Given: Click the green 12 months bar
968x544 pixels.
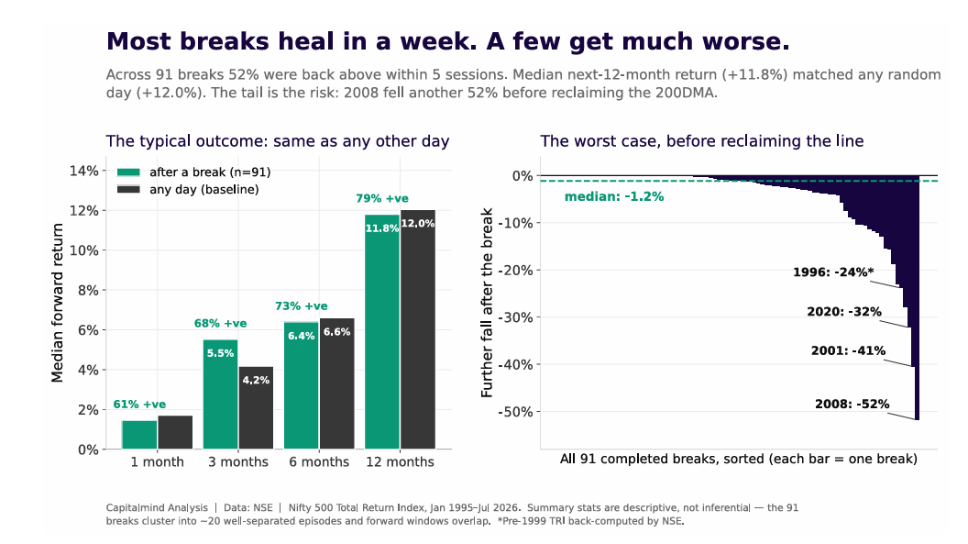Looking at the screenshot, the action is pos(382,331).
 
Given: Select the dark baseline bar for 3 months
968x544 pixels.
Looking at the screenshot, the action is pos(256,407).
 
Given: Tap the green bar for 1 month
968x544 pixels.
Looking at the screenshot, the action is pos(139,435).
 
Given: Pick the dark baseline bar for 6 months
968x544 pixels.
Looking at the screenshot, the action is pos(337,383).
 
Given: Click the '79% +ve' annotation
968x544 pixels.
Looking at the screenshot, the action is pos(382,198).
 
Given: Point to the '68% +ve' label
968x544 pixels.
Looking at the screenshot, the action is pos(220,323).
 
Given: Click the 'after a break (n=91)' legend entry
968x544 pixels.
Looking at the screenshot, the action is pos(193,172).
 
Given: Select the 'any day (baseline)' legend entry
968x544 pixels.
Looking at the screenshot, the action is pos(188,190).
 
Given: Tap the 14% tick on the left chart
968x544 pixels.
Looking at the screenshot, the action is pos(84,171).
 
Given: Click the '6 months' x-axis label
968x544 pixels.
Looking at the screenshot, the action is pos(319,461).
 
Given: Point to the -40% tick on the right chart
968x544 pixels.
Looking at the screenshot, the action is pos(515,364).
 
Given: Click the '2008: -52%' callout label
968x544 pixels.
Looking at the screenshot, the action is pos(852,405).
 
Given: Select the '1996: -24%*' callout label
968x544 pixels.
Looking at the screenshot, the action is pos(833,272).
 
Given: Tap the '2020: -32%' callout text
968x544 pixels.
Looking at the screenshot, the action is pos(844,312).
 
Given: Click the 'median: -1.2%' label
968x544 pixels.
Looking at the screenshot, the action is pos(614,197).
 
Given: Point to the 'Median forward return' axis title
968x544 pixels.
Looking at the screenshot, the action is pos(58,303).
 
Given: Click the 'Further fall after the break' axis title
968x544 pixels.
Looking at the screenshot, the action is pos(487,303).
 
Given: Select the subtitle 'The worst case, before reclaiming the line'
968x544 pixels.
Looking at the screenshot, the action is pos(702,141).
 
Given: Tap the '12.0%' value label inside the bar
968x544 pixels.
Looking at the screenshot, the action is pos(418,224).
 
